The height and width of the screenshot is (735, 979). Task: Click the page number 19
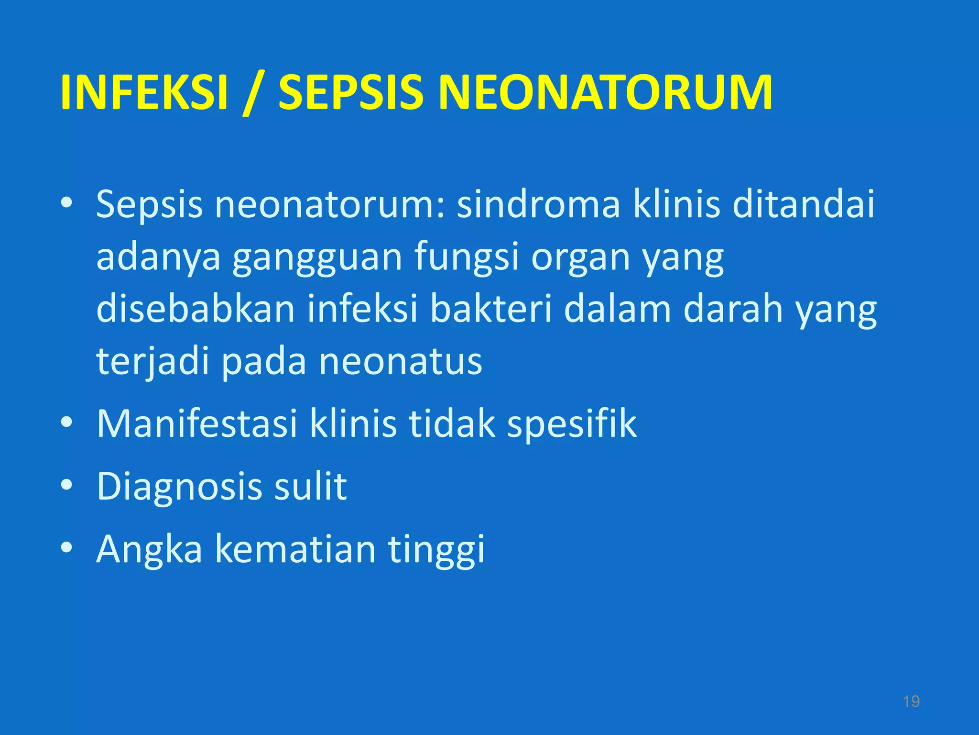tap(911, 702)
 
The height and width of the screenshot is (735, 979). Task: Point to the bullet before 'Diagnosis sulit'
tap(66, 485)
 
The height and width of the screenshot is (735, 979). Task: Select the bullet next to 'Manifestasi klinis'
tap(66, 422)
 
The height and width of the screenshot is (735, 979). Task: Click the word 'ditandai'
tap(803, 205)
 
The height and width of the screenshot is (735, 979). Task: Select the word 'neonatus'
tap(401, 362)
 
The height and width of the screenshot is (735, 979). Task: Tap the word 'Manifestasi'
tap(197, 423)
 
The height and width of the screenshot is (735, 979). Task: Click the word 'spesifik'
tap(572, 424)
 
